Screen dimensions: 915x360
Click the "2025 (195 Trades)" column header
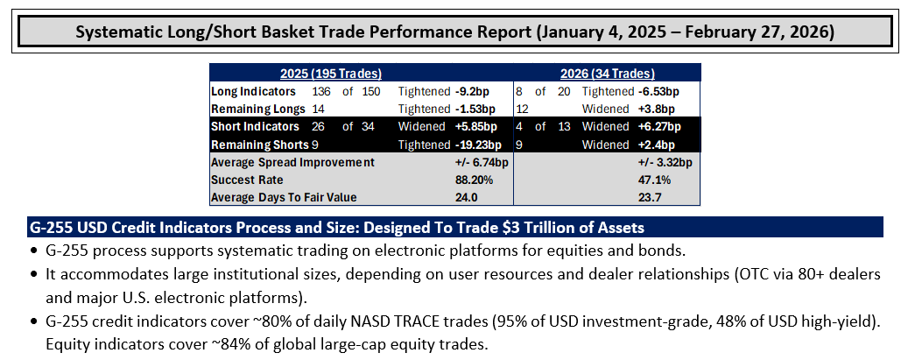tap(331, 74)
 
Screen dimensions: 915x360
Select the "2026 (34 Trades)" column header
tap(607, 74)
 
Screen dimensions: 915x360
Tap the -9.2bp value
tap(475, 92)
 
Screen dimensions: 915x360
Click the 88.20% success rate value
tap(474, 180)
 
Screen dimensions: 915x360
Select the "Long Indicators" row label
tap(253, 92)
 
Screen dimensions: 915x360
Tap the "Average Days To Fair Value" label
tap(284, 197)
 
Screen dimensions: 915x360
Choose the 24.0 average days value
tap(466, 197)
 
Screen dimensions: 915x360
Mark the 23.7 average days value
tap(651, 197)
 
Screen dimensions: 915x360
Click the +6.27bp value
tap(658, 127)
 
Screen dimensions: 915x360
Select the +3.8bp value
tap(655, 109)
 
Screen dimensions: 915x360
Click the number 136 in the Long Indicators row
tap(321, 92)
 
